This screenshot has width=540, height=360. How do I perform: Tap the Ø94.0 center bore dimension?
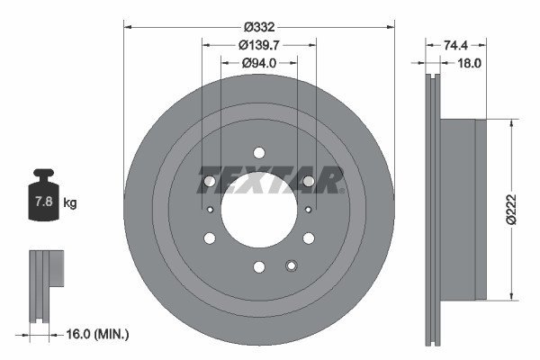pos(258,63)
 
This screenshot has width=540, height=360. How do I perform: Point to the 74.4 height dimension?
pos(455,43)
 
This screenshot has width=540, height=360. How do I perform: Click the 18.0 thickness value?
pos(471,63)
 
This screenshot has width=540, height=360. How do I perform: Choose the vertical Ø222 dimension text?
pos(511,209)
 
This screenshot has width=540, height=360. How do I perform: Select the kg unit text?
pos(69,203)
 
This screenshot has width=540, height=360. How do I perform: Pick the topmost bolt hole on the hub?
pos(258,152)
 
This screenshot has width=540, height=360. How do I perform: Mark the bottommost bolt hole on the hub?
pos(258,266)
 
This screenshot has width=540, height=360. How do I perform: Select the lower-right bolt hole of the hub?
pos(308,238)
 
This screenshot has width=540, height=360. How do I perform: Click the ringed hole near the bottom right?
pos(290,265)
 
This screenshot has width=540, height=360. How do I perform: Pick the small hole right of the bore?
pos(308,210)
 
